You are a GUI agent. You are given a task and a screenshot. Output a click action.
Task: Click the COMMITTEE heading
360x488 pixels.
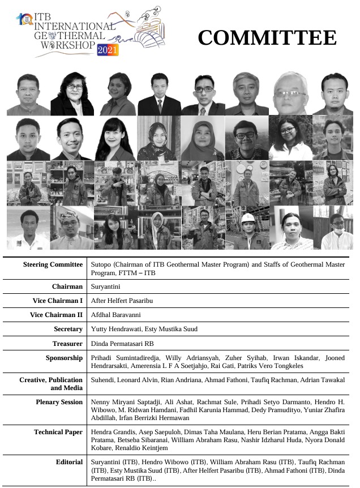pos(267,37)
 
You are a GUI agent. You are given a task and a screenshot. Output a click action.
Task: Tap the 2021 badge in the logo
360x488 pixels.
pos(108,50)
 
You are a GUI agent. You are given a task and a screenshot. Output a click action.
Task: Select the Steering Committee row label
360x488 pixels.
pos(53,264)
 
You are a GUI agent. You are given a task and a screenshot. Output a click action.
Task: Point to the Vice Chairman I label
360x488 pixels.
pos(56,300)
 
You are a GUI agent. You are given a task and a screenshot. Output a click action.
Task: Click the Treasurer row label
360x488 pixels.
pos(67,343)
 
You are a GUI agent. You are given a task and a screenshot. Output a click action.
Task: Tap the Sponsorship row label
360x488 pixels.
pos(64,358)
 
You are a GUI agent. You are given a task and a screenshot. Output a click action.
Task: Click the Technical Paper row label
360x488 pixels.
pos(58,433)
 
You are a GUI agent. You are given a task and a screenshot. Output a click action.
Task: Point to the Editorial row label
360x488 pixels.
pos(69,462)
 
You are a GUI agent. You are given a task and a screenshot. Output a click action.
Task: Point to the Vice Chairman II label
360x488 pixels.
pos(56,314)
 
